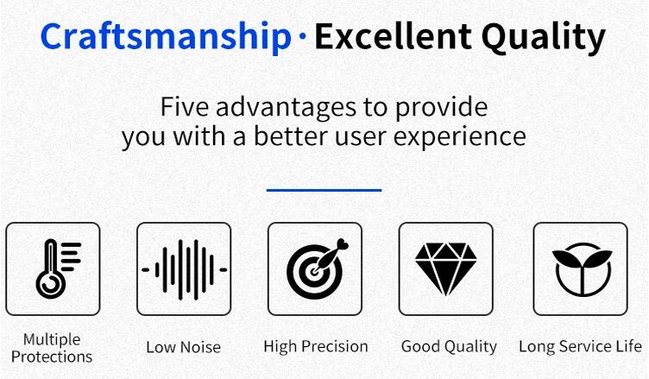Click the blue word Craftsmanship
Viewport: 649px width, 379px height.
coord(166,38)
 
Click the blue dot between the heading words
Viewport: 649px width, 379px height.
coord(303,36)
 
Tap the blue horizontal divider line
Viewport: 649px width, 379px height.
coord(324,190)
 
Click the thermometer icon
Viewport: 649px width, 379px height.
coord(59,268)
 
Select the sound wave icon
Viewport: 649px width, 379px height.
coord(184,269)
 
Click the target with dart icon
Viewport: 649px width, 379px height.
coord(318,268)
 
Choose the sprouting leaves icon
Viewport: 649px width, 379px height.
coord(583,269)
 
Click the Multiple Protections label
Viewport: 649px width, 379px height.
coord(52,348)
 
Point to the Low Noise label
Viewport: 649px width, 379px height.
coord(183,347)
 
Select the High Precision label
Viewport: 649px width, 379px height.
coord(316,346)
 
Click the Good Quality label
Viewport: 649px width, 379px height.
coord(449,347)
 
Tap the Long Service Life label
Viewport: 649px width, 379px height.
coord(580,346)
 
